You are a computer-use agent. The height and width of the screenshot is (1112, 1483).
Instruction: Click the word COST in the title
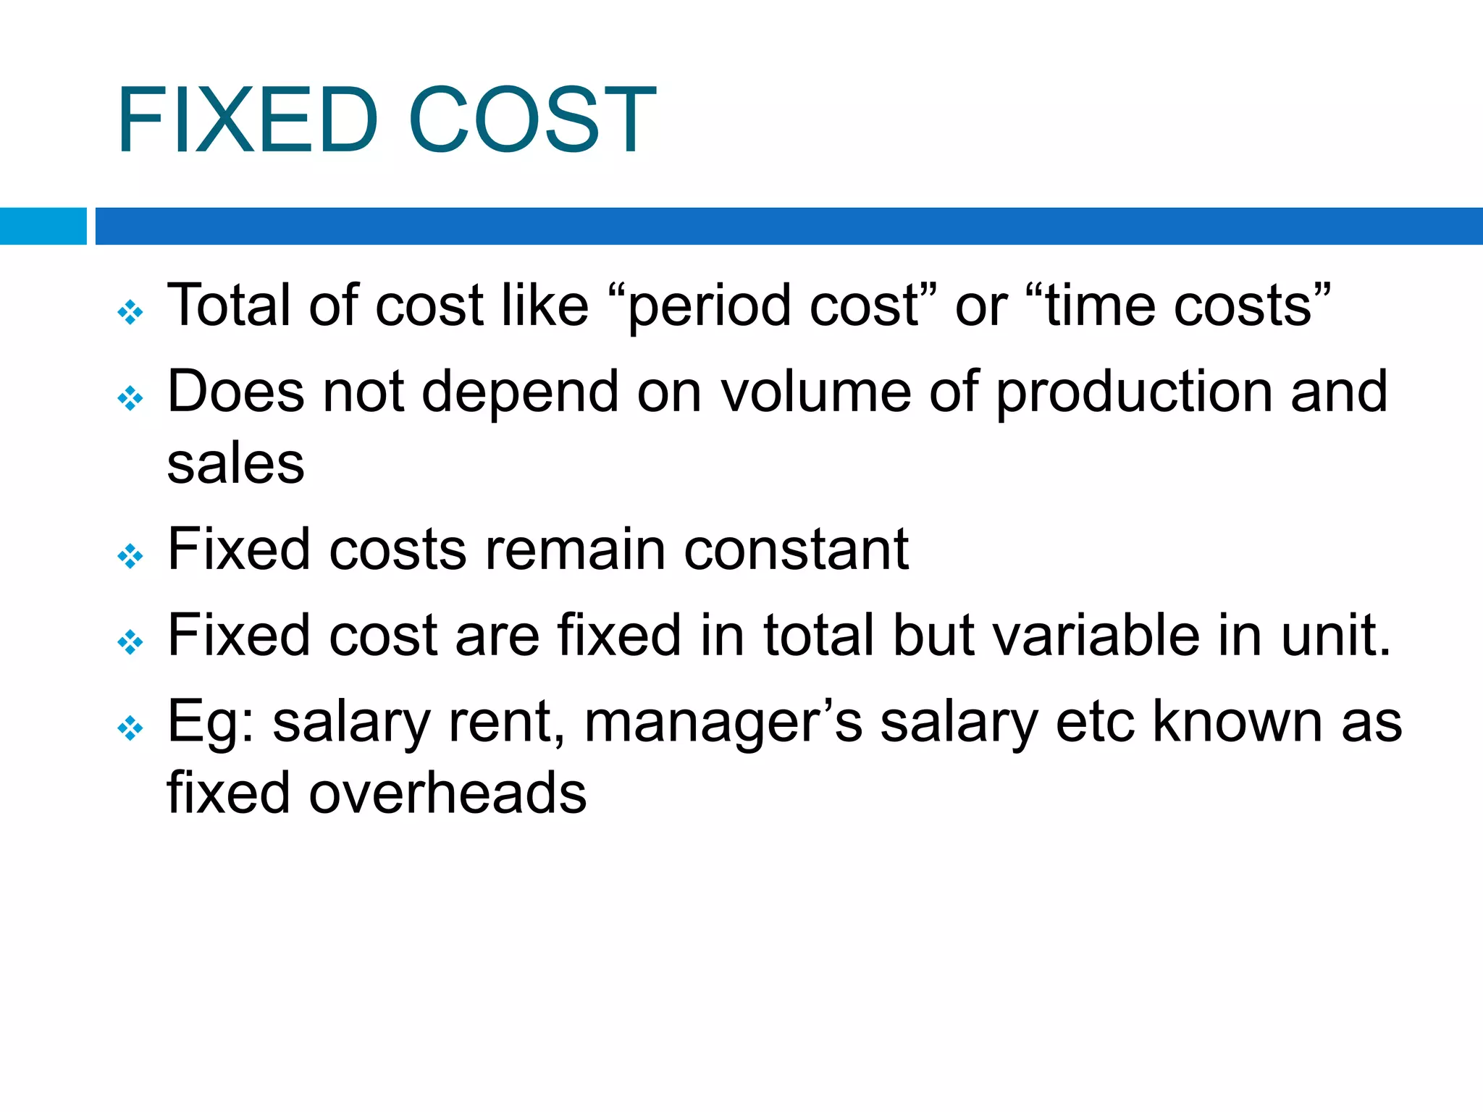tap(532, 119)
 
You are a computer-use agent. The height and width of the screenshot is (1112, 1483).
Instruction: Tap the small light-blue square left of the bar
tap(43, 226)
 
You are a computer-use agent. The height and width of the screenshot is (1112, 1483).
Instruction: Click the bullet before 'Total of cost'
tap(130, 313)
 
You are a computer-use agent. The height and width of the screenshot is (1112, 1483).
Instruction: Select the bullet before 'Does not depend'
tap(130, 398)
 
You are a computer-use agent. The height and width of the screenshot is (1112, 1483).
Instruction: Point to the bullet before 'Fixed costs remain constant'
tap(130, 556)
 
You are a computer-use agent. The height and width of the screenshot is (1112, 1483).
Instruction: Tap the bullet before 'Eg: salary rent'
tap(130, 728)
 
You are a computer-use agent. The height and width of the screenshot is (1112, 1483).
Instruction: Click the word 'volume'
tap(815, 392)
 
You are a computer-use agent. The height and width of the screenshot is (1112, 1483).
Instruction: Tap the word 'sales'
tap(235, 463)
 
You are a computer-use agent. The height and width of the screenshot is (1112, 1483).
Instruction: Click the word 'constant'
tap(797, 549)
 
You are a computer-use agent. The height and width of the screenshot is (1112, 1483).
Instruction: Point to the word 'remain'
tap(575, 549)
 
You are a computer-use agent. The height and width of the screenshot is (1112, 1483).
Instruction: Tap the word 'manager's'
tap(723, 723)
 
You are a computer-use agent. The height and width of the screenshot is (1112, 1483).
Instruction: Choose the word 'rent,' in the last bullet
tap(507, 722)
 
